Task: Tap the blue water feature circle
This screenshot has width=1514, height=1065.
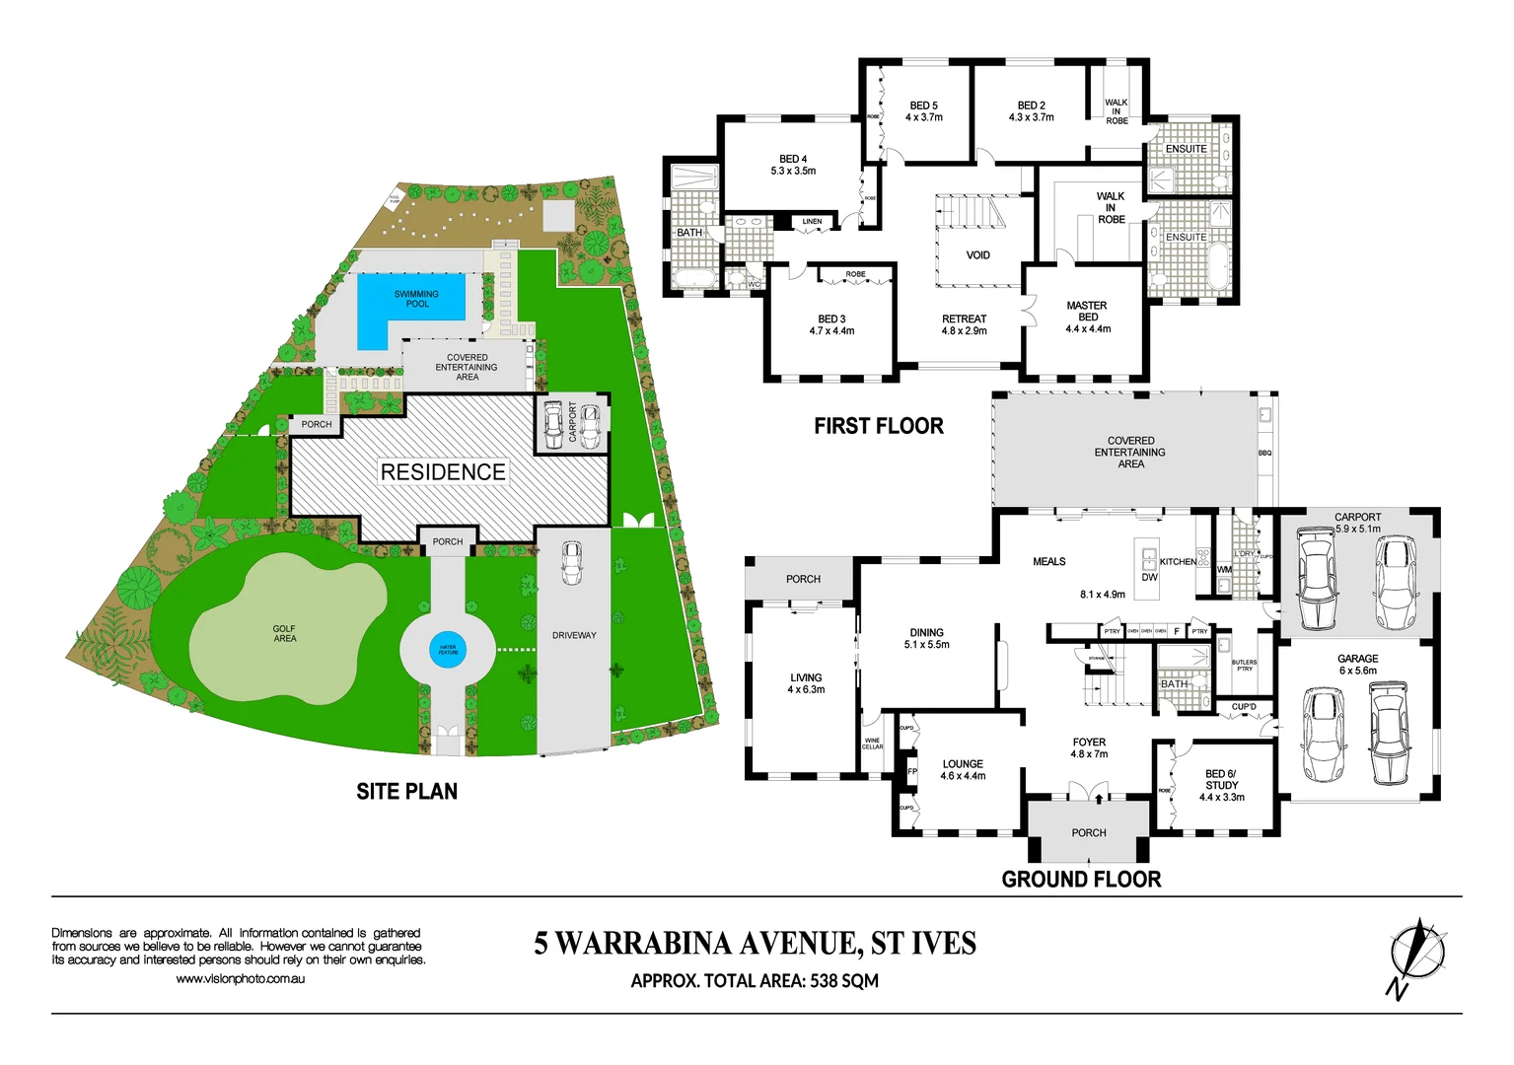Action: tap(448, 650)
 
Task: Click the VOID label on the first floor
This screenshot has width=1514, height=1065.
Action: tap(977, 255)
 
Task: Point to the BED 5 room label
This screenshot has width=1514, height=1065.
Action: tap(923, 111)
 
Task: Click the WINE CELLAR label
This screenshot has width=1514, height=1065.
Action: tap(872, 744)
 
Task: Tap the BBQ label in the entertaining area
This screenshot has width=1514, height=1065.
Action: tap(1264, 453)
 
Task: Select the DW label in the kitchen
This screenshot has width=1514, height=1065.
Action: tap(1149, 578)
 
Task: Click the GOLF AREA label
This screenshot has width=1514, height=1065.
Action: tap(284, 633)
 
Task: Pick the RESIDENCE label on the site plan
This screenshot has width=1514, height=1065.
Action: tap(443, 472)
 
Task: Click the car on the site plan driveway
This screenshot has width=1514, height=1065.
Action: tap(571, 562)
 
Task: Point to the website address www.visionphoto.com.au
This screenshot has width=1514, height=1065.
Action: tap(240, 979)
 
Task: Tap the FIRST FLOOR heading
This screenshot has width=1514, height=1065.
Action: tap(878, 426)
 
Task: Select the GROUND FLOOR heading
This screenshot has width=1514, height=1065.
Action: tap(1081, 880)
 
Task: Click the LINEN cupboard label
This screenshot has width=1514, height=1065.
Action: tap(812, 222)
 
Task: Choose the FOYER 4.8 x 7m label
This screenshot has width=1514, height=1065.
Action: tap(1089, 747)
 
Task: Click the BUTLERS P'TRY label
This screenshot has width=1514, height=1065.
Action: tap(1244, 666)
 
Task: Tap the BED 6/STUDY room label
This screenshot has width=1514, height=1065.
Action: tap(1221, 785)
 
